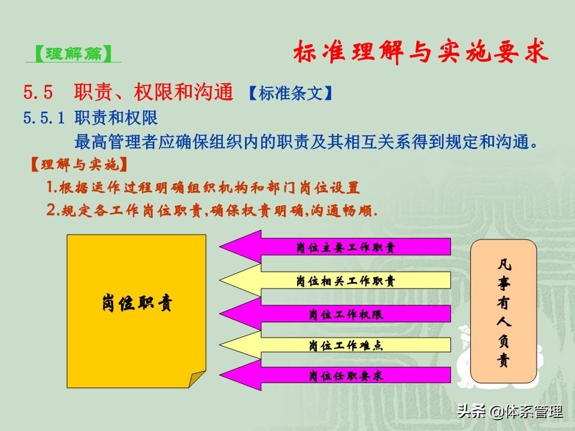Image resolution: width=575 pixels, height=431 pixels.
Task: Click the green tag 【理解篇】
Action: point(73,54)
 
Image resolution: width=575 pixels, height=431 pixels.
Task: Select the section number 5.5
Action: point(38,92)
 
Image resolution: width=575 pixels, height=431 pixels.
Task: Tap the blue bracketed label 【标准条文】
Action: point(291,93)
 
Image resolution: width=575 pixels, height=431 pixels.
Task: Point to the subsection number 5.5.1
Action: point(44,118)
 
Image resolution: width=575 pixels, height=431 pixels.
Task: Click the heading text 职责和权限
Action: point(116,118)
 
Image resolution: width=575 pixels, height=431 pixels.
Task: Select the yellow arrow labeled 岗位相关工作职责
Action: point(335,281)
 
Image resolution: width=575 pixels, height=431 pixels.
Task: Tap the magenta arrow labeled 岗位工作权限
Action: point(335,314)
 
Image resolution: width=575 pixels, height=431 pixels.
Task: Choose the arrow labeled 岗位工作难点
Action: point(335,345)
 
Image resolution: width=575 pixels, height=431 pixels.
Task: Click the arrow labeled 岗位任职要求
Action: point(335,375)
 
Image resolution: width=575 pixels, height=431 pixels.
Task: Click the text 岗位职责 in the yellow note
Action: point(137,303)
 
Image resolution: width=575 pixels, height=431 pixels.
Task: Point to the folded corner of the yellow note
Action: point(196,378)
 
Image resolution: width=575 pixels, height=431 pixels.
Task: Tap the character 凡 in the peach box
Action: point(504,264)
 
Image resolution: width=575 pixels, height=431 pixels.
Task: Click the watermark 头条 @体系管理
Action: point(510,411)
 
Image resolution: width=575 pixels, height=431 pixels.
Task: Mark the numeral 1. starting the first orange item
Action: point(52,187)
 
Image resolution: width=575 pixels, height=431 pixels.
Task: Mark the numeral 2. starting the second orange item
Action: point(53,210)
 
